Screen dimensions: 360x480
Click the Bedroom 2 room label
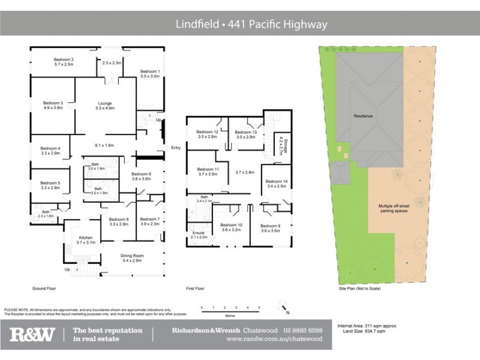tap(63, 59)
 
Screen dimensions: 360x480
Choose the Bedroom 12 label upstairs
tap(207, 131)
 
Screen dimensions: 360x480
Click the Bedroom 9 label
tap(271, 226)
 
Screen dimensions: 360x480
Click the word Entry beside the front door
tap(175, 148)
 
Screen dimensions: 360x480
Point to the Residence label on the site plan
tap(363, 116)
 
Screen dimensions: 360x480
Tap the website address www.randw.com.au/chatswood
tap(274, 339)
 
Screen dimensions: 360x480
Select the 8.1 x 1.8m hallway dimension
tap(104, 145)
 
